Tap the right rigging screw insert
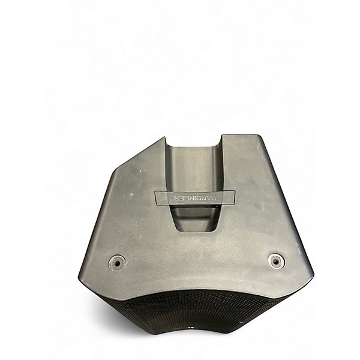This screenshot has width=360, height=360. click(x=275, y=260)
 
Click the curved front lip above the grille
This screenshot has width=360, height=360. click(x=198, y=289)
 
